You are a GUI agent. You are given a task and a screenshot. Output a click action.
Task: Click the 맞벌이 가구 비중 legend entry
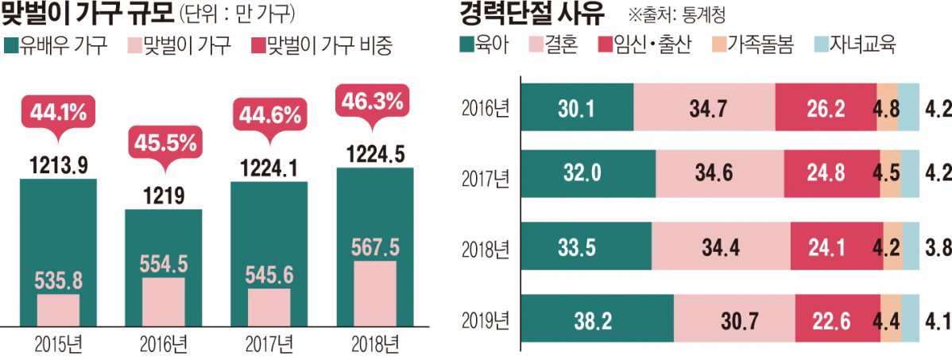point(324,45)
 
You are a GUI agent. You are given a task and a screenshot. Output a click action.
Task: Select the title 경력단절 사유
point(532,14)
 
